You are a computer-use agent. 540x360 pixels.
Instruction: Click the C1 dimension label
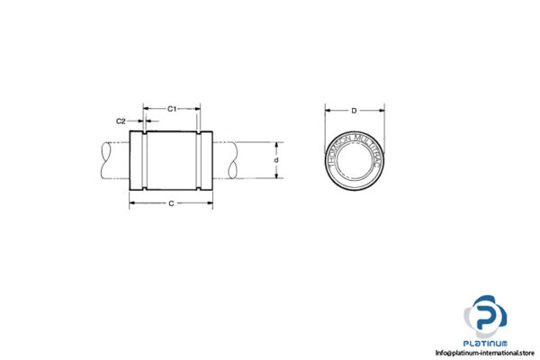coord(172,109)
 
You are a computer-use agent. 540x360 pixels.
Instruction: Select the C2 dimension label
coord(120,120)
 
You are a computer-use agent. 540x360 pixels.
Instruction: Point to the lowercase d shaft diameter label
coord(276,160)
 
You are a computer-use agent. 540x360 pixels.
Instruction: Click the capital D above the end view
coord(355,111)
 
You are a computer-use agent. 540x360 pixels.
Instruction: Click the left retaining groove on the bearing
coord(144,161)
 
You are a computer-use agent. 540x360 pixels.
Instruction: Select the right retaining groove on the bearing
coord(198,161)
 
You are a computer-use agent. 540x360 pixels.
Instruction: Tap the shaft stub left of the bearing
coord(112,160)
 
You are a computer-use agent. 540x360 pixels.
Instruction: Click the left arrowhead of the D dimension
coord(328,111)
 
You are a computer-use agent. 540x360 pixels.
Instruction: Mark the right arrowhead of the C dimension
coord(211,205)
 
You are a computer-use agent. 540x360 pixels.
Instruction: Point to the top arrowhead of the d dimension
coord(276,143)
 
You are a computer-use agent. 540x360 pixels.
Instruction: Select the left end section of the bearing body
coord(136,161)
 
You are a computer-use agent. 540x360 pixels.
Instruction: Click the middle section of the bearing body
coord(171,161)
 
